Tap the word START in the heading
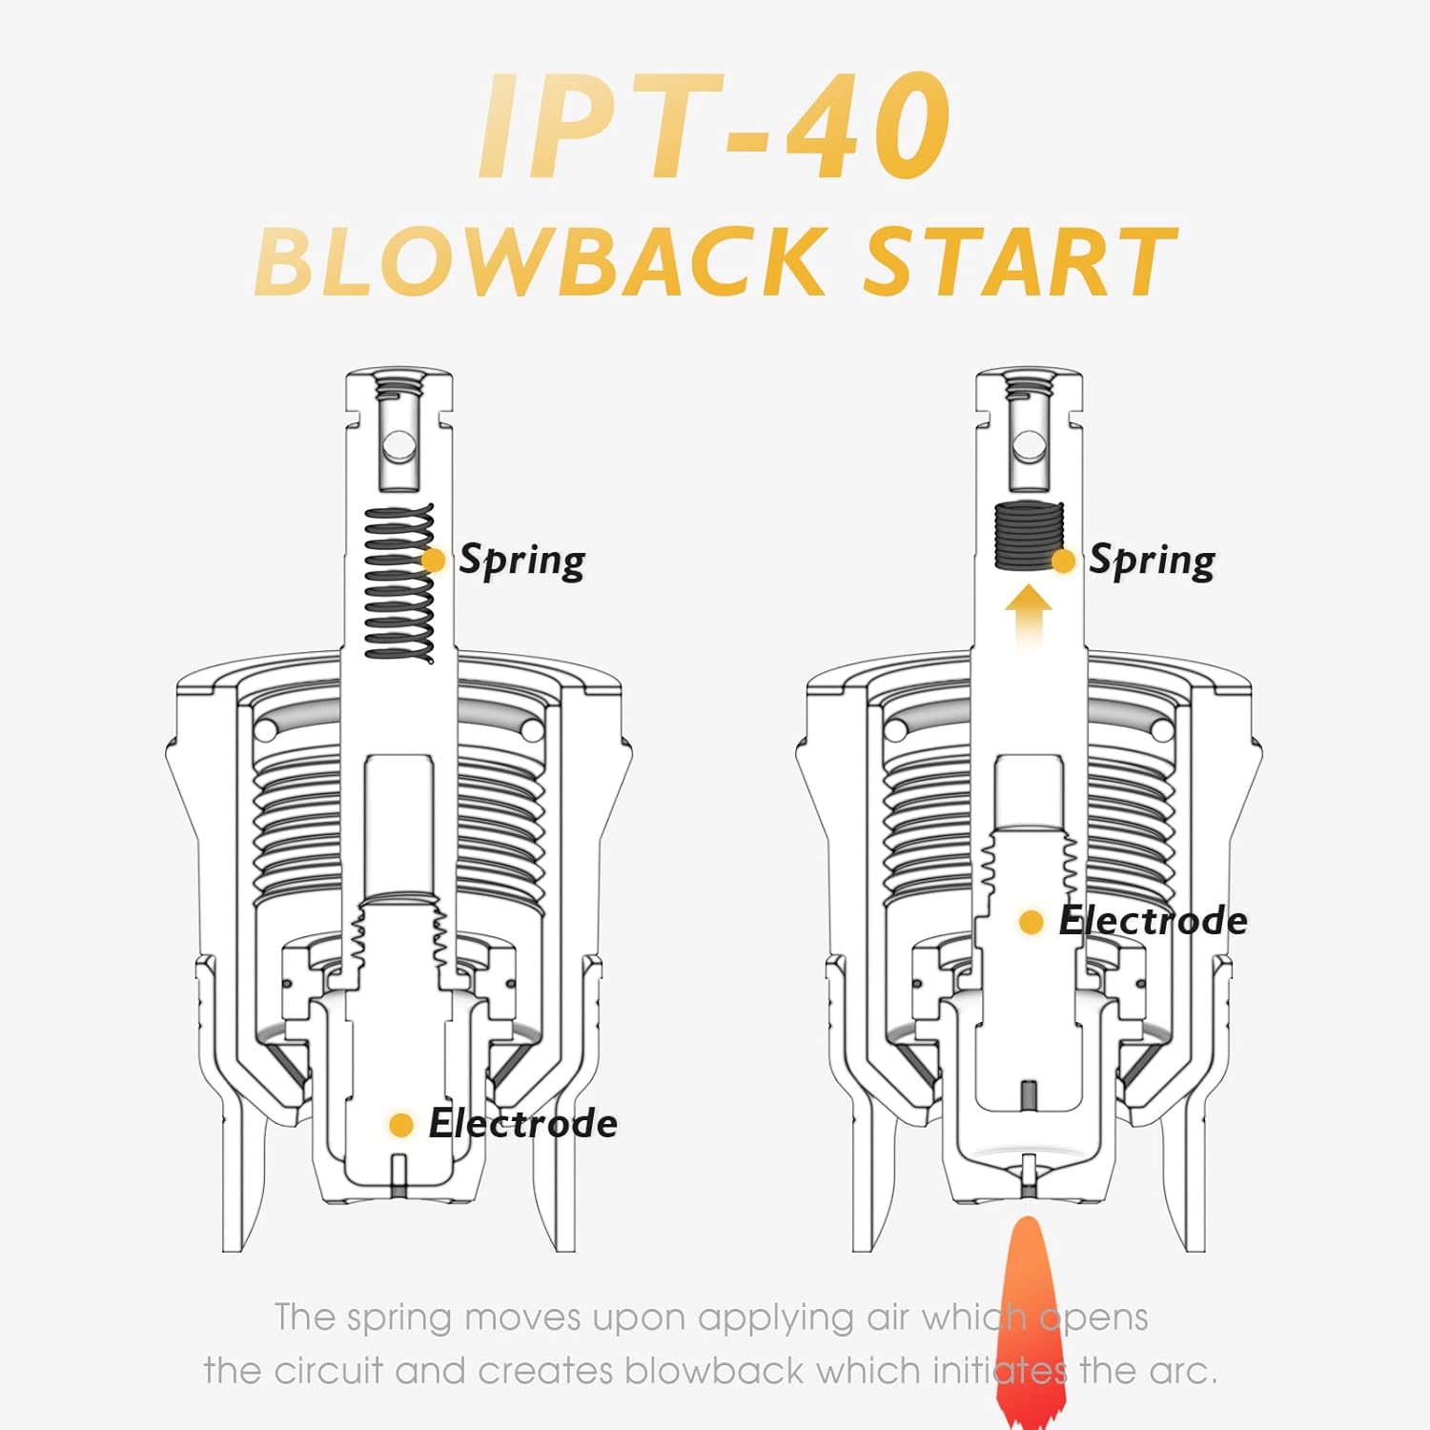tap(1019, 261)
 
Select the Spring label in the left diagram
tap(521, 561)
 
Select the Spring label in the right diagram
tap(1152, 561)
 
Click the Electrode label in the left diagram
tap(522, 1124)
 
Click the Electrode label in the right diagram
tap(1153, 921)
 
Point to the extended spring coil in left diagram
tap(398, 583)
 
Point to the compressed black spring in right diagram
tap(1028, 535)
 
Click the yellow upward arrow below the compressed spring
tap(1029, 616)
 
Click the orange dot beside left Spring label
tap(433, 561)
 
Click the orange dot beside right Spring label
tap(1063, 561)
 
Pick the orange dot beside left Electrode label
tap(401, 1125)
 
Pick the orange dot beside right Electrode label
tap(1032, 922)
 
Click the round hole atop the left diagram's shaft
tap(398, 446)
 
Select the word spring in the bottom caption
tap(399, 1319)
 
